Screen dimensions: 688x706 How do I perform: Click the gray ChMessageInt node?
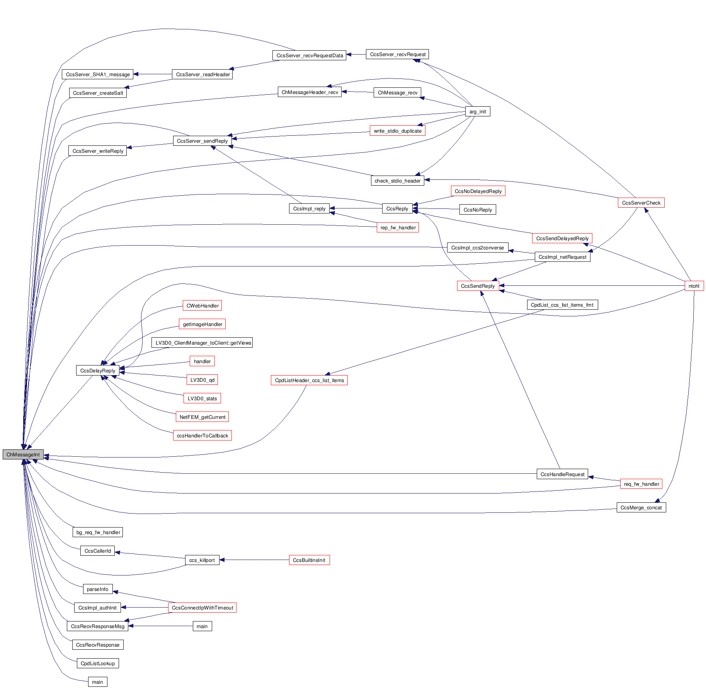coord(23,454)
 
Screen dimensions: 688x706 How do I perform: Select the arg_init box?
coord(477,112)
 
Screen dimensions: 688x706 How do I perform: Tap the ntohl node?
coord(694,286)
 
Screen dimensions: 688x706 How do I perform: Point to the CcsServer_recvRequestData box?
coord(310,56)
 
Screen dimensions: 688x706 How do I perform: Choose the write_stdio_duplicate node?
coord(397,131)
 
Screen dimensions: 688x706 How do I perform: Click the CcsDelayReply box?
coord(97,371)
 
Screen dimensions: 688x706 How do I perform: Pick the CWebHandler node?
coord(202,306)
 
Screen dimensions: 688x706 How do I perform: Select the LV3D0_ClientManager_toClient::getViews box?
coord(202,343)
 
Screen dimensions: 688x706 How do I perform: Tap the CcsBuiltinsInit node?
coord(309,560)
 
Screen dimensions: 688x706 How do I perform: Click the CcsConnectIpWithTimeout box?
coord(202,608)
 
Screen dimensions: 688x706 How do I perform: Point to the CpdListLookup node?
coord(97,664)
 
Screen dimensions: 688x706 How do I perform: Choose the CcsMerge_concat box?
coord(641,508)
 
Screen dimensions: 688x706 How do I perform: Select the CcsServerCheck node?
coord(641,203)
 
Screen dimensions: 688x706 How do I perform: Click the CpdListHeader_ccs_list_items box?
coord(309,381)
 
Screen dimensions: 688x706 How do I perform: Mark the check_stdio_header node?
coord(397,181)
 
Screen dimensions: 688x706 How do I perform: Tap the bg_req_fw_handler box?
coord(98,533)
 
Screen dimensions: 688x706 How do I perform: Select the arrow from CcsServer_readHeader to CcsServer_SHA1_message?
coord(153,74)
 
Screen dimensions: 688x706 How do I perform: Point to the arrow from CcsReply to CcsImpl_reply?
coord(356,209)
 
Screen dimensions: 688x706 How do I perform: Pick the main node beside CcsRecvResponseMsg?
coord(202,627)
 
